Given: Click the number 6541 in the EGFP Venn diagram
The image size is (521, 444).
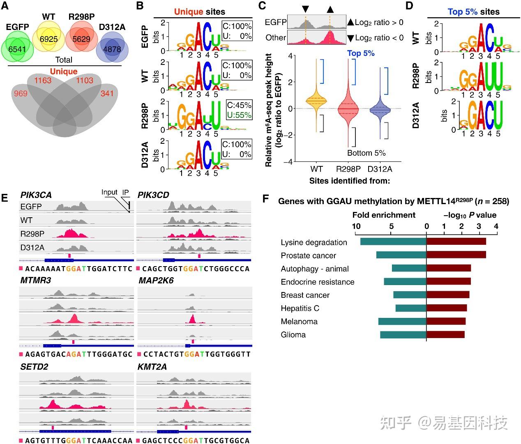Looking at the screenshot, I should pyautogui.click(x=17, y=49).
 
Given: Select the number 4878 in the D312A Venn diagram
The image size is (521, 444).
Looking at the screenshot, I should pyautogui.click(x=112, y=49).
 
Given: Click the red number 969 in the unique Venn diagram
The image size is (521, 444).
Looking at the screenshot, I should pyautogui.click(x=21, y=93).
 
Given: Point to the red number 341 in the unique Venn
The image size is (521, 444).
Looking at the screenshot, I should pyautogui.click(x=107, y=93).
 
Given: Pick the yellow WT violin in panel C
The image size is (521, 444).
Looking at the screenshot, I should pyautogui.click(x=316, y=101).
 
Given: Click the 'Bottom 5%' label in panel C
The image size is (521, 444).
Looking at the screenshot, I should pyautogui.click(x=367, y=153).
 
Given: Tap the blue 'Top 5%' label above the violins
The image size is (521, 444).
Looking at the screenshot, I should pyautogui.click(x=361, y=53).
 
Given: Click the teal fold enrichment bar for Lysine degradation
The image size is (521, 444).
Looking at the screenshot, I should pyautogui.click(x=393, y=242).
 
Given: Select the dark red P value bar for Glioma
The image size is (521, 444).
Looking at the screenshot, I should pyautogui.click(x=445, y=334).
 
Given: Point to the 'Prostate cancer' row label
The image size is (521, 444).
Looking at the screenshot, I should pyautogui.click(x=308, y=255).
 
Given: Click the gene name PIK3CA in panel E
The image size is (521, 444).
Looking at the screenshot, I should pyautogui.click(x=36, y=195).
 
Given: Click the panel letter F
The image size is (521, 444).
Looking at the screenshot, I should pyautogui.click(x=265, y=199).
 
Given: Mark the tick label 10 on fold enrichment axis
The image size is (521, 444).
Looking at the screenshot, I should pyautogui.click(x=356, y=226).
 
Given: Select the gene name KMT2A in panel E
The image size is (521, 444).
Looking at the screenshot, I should pyautogui.click(x=152, y=366).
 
